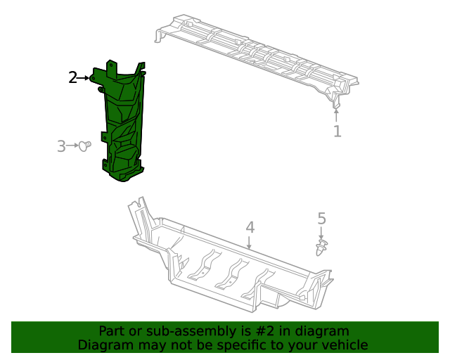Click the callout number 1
(x=337, y=131)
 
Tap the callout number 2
(x=73, y=77)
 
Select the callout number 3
(x=61, y=146)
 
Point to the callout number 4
(x=250, y=227)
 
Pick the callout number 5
(x=321, y=219)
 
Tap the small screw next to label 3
(x=86, y=146)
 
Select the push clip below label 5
(x=322, y=247)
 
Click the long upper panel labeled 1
(x=253, y=56)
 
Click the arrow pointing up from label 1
(x=337, y=115)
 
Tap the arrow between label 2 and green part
(x=85, y=77)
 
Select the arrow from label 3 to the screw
(x=73, y=146)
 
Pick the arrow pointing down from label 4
(x=250, y=242)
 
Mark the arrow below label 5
(x=321, y=233)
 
